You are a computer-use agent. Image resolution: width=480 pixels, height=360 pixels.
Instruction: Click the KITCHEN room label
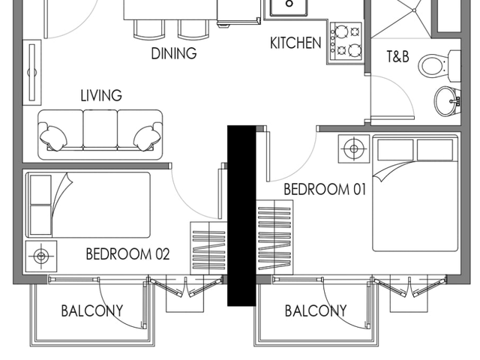tap(295, 43)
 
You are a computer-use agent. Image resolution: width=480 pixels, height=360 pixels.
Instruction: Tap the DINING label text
tap(174, 53)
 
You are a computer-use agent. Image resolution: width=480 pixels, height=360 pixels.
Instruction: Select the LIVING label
tap(101, 95)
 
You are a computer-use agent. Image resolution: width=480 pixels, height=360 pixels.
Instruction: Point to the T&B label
tap(397, 57)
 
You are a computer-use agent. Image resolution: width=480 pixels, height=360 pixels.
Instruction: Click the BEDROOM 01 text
tap(325, 189)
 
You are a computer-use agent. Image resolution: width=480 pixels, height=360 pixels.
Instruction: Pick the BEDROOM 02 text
tap(127, 254)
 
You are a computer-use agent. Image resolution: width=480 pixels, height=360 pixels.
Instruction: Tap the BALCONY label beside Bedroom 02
tap(92, 311)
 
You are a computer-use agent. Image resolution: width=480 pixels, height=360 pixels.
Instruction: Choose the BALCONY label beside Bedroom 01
tap(316, 311)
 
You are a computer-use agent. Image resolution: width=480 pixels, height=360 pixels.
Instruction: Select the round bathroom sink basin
tap(447, 101)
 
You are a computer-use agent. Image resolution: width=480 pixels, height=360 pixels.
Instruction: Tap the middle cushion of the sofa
tap(100, 130)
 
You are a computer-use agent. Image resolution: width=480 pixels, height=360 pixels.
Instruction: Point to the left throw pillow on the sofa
tap(53, 137)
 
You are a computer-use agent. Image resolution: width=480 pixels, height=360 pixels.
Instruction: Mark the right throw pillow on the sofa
tap(146, 137)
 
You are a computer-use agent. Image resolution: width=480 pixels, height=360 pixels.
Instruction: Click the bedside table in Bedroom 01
tap(354, 148)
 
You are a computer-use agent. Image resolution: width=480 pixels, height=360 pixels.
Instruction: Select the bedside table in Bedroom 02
tap(41, 256)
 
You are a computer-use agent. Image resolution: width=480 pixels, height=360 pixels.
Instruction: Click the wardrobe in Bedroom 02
tap(208, 248)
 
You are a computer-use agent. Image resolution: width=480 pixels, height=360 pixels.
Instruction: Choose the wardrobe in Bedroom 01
tap(274, 238)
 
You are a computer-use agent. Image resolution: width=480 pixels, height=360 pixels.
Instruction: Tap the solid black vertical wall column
tap(241, 215)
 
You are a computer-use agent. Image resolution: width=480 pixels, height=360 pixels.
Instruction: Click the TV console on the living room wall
tap(31, 72)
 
